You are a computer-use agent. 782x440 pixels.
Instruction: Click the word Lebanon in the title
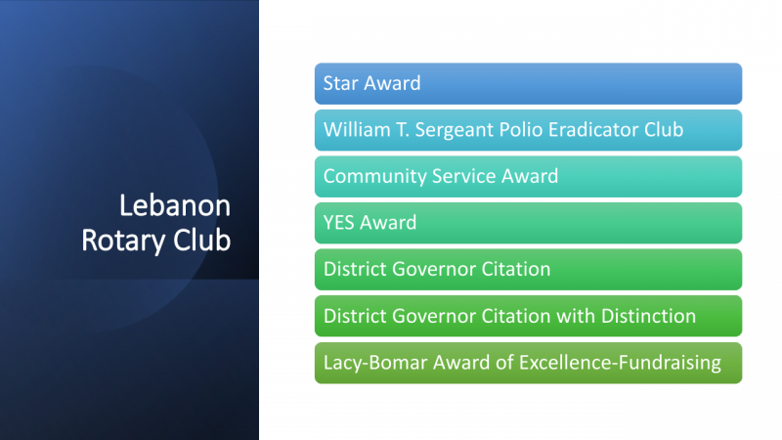click(175, 205)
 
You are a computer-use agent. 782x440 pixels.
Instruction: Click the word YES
click(338, 223)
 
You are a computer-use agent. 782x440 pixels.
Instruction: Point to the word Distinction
click(648, 316)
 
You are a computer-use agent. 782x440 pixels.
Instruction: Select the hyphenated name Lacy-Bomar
click(375, 363)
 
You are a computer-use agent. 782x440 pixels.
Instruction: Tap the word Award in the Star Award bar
click(392, 83)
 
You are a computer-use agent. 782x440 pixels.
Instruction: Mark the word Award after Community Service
click(530, 176)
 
